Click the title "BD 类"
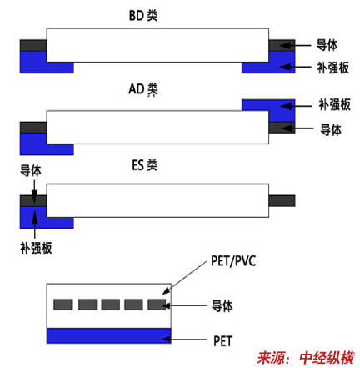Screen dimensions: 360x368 [143, 16]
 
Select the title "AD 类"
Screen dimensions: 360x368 [143, 89]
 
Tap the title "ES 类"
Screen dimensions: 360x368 [144, 165]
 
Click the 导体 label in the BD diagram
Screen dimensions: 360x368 [327, 45]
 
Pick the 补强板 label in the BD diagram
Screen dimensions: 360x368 [332, 68]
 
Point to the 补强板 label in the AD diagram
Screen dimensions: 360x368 [334, 105]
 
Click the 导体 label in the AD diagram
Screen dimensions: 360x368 [331, 129]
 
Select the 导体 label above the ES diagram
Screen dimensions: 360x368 [31, 170]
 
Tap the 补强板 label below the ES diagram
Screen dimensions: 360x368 [36, 248]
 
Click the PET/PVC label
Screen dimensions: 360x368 [233, 261]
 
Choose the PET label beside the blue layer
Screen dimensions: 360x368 [222, 341]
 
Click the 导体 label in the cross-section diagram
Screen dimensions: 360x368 [222, 306]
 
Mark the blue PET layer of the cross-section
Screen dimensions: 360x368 [108, 335]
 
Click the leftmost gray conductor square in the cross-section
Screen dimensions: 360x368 [62, 305]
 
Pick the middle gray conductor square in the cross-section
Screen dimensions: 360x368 [111, 305]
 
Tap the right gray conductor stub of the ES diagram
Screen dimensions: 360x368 [282, 201]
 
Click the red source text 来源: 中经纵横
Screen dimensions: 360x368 [306, 358]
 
